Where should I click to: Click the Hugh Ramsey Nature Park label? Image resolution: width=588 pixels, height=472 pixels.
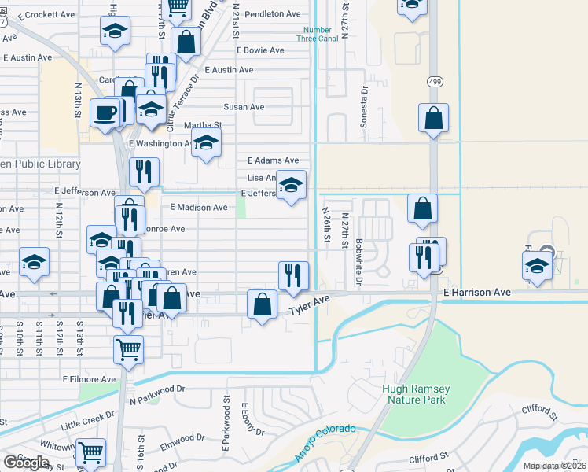tap(415, 394)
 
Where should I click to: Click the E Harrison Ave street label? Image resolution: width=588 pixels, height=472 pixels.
tap(476, 292)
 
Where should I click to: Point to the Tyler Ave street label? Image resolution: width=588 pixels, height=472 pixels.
tap(309, 306)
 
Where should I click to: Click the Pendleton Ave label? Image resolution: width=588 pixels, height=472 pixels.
tap(273, 14)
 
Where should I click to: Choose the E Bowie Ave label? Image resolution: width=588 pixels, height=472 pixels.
tap(260, 50)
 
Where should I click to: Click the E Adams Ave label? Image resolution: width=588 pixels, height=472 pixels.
tap(273, 160)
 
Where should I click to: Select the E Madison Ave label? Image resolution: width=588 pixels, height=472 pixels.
tap(198, 208)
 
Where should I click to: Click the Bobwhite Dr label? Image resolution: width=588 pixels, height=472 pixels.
tap(358, 261)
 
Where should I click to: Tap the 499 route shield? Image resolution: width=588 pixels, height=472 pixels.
tap(435, 81)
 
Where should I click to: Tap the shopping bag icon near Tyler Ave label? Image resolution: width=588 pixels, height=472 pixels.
tap(262, 304)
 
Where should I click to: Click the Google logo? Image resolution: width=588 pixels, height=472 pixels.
tap(26, 463)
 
